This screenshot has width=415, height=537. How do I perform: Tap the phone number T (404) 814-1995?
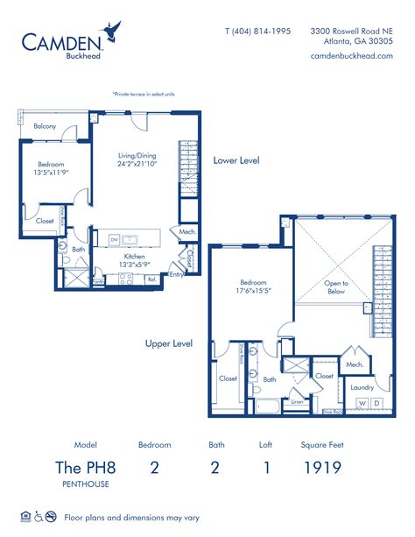[258, 30]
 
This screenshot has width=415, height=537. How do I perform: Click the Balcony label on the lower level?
[46, 127]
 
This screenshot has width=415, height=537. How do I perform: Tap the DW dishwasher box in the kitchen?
[114, 239]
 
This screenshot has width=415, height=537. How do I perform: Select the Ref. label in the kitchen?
[151, 279]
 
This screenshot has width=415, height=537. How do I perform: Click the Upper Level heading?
[169, 343]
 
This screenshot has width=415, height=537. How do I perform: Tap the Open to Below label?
[337, 288]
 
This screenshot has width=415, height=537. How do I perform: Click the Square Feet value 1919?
[321, 467]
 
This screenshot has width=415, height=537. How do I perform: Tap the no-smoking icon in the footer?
[52, 516]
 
